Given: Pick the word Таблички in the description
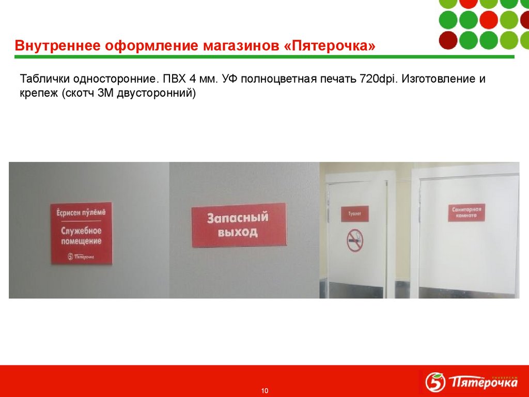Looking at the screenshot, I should [x=44, y=80].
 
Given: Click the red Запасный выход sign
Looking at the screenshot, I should [x=238, y=225].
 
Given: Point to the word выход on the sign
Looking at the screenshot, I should [x=238, y=232].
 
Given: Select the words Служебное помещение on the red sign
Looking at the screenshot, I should [x=81, y=236].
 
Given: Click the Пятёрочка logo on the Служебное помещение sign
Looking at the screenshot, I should [x=81, y=255].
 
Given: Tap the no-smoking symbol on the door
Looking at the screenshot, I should [x=354, y=240].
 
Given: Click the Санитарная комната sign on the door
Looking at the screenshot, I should [x=466, y=213].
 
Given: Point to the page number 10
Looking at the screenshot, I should [x=265, y=390].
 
